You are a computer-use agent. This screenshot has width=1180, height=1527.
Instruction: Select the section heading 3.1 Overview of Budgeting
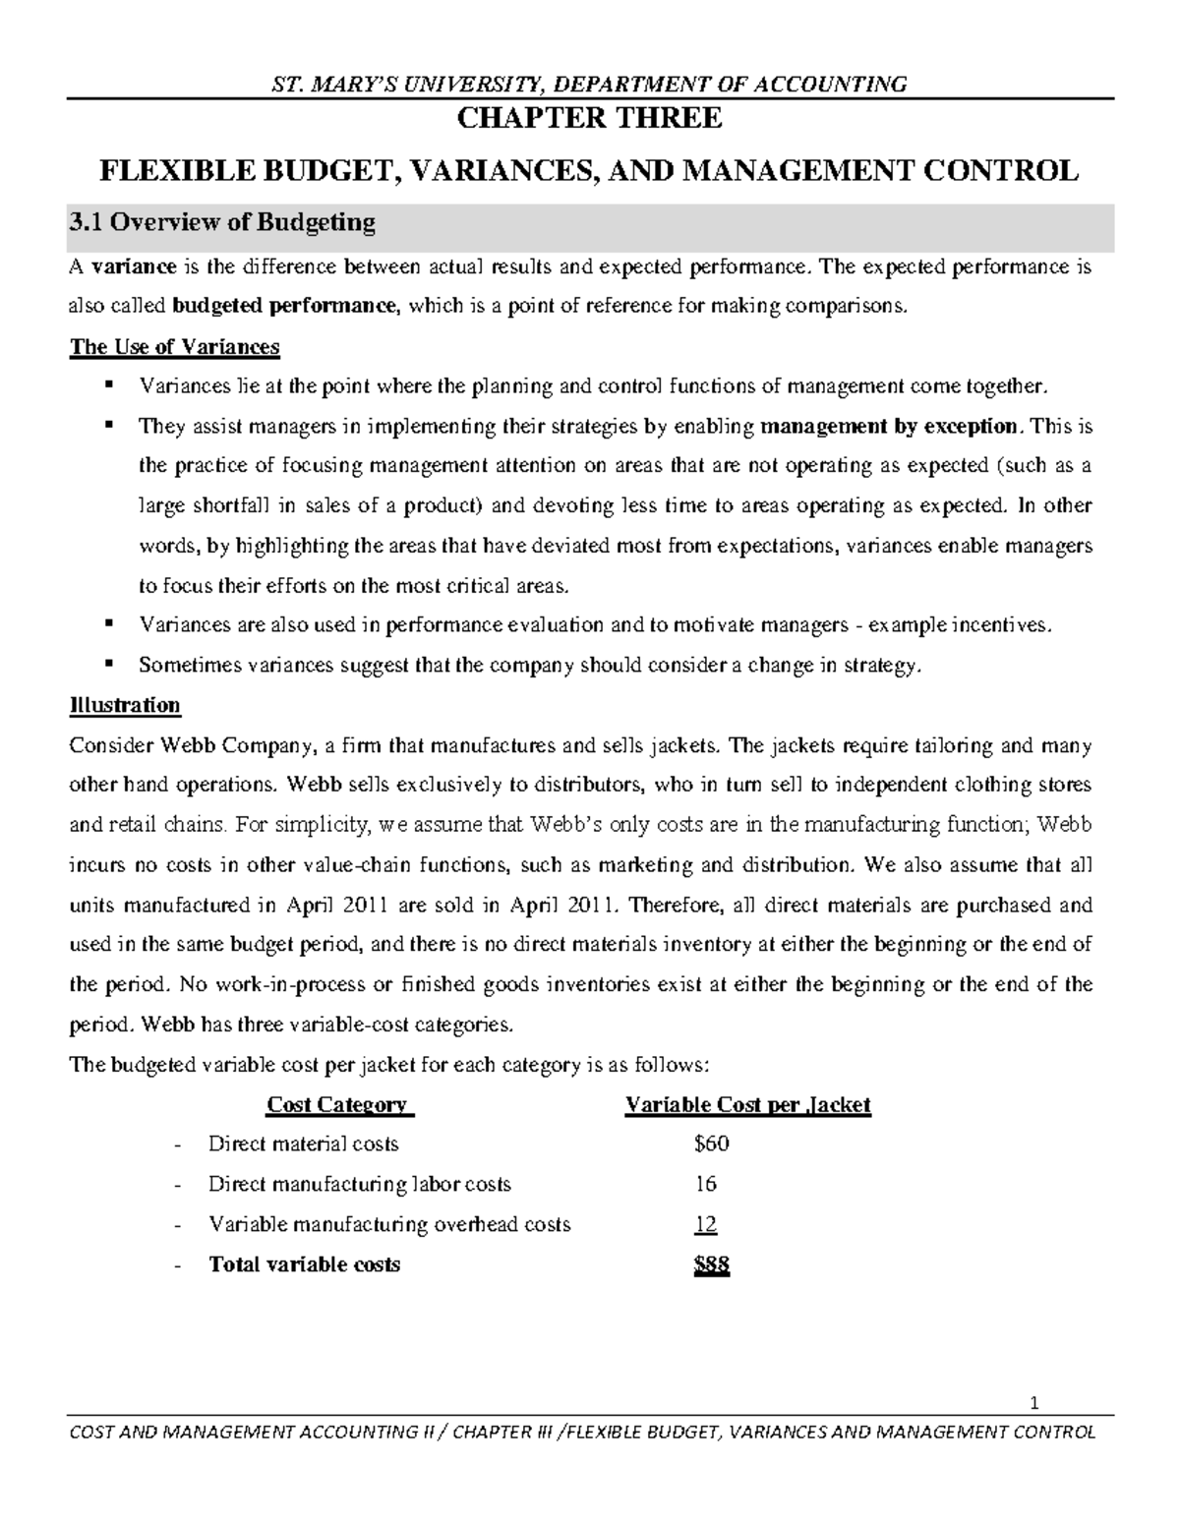coord(222,222)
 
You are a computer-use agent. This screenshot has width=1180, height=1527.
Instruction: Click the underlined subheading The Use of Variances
coord(174,347)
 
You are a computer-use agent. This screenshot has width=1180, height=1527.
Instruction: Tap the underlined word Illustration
coord(124,705)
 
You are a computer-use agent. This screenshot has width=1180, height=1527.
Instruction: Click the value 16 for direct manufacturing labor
coord(705,1184)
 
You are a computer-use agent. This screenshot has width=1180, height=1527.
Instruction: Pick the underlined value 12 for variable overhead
coord(705,1224)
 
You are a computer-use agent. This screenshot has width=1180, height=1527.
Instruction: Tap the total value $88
coord(711,1264)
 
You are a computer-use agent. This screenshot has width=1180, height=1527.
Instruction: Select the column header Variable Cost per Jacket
coord(747,1104)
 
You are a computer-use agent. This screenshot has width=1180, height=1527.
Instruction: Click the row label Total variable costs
coord(304,1264)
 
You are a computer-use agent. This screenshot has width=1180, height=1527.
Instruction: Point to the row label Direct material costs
coord(303,1144)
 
